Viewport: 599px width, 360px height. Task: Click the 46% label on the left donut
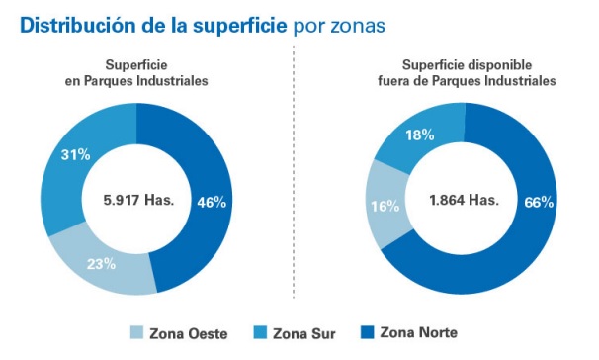click(213, 202)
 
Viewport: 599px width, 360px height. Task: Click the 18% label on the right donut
click(419, 135)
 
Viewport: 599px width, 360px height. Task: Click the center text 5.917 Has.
click(138, 199)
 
